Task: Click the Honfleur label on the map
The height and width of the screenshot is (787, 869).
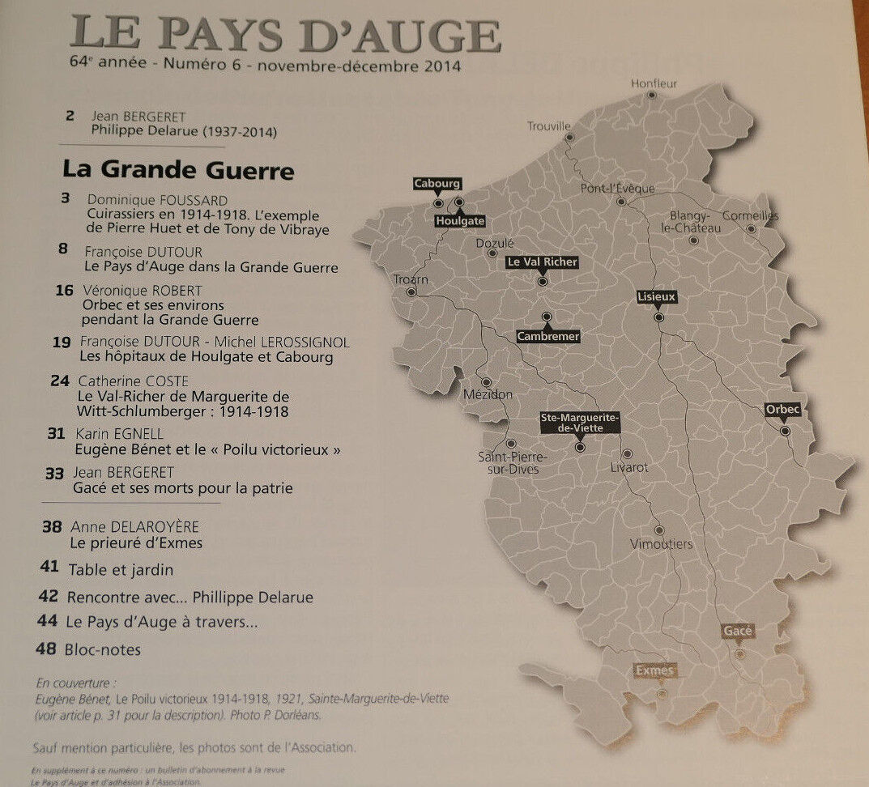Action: pyautogui.click(x=654, y=83)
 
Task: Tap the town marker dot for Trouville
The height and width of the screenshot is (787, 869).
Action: pyautogui.click(x=569, y=138)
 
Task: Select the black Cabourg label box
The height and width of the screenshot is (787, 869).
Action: pyautogui.click(x=437, y=184)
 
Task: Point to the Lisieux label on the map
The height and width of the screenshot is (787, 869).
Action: pyautogui.click(x=656, y=297)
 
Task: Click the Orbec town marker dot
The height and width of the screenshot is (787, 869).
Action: pyautogui.click(x=785, y=431)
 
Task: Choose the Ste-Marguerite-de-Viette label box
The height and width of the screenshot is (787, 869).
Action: pyautogui.click(x=579, y=422)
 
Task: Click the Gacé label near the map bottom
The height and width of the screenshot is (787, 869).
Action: pyautogui.click(x=738, y=631)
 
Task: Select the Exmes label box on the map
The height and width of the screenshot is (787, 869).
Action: pyautogui.click(x=655, y=670)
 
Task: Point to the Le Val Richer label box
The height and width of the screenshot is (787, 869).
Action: pyautogui.click(x=542, y=262)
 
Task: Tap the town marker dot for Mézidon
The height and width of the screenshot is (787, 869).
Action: pyautogui.click(x=487, y=382)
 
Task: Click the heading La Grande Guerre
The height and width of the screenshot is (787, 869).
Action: pyautogui.click(x=178, y=171)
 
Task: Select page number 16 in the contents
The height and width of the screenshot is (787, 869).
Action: pyautogui.click(x=66, y=290)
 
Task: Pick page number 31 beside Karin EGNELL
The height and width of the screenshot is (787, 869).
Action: pyautogui.click(x=56, y=434)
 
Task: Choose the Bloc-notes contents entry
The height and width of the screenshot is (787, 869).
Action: pyautogui.click(x=104, y=649)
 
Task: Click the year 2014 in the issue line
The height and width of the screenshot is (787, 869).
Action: pyautogui.click(x=442, y=66)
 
